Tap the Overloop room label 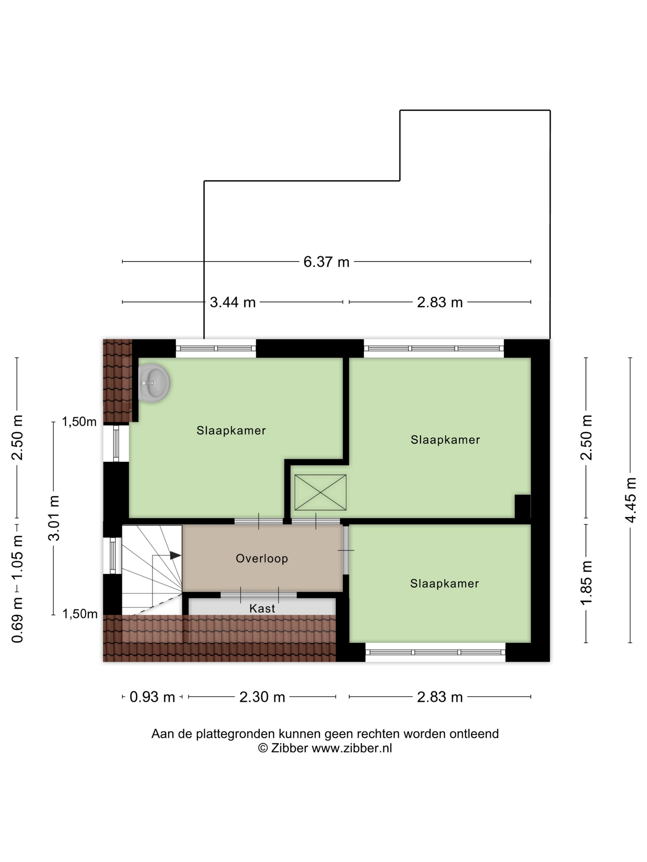point(262,558)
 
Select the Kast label point(262,608)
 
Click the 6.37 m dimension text point(326,262)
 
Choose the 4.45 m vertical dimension point(630,500)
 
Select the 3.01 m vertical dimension point(54,518)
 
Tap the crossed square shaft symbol point(320,492)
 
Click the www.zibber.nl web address point(352,748)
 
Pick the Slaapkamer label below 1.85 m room point(445,583)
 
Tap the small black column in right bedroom point(523,507)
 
